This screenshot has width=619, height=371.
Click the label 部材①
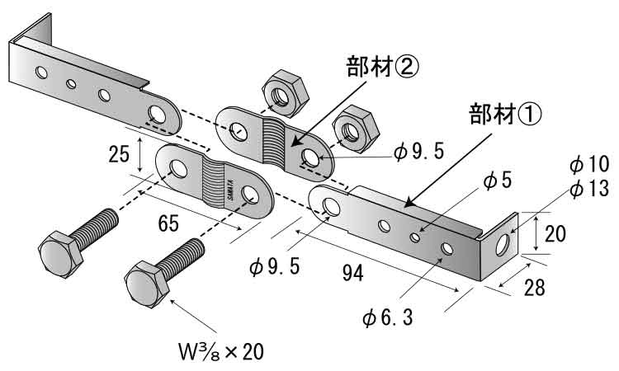(x=505, y=113)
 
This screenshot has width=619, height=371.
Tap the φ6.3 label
(x=390, y=317)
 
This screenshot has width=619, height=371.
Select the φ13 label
(x=588, y=189)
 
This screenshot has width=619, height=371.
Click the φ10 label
(x=588, y=164)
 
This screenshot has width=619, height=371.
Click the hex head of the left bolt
(x=59, y=254)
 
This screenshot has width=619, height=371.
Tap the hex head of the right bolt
(x=147, y=284)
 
